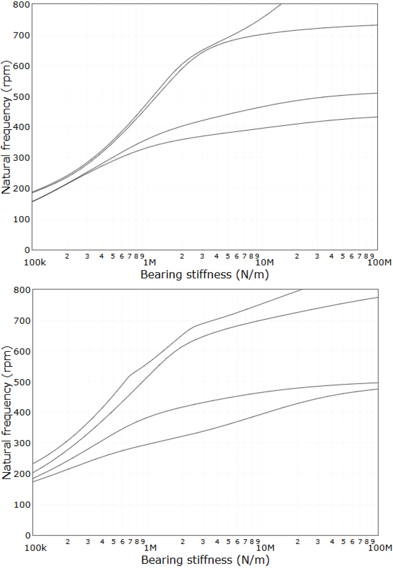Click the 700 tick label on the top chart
click(x=21, y=35)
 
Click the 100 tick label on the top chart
click(x=21, y=219)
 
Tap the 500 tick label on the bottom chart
click(x=22, y=382)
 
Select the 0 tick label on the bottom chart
click(x=28, y=535)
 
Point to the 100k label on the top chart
click(x=35, y=262)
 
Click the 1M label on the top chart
click(x=149, y=262)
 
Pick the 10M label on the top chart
click(x=264, y=262)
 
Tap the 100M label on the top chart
click(x=379, y=262)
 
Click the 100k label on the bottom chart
click(x=36, y=548)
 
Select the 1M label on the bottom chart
click(x=150, y=548)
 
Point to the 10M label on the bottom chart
click(x=265, y=548)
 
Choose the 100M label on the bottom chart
click(x=380, y=548)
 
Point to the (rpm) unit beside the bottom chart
click(x=7, y=362)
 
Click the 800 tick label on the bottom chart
click(x=22, y=290)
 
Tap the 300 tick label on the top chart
click(x=21, y=157)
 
